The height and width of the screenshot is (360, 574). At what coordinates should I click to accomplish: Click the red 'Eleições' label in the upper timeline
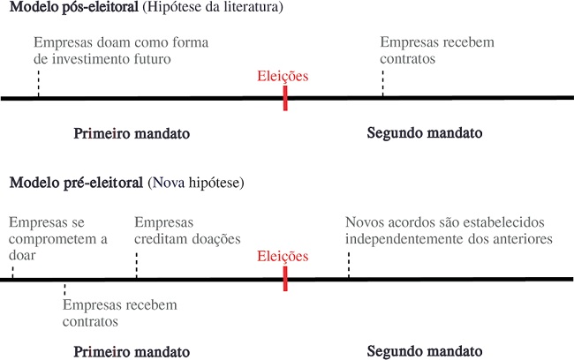coord(283,77)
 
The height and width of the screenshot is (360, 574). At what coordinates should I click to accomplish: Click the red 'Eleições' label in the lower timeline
coord(283,257)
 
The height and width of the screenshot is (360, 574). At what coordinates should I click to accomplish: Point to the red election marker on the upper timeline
coord(285,98)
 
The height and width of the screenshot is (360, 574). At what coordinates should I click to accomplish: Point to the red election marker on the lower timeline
coord(285,279)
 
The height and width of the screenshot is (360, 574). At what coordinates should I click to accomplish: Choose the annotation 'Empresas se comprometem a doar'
coord(57,238)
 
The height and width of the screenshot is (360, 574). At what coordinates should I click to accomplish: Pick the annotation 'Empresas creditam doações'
coord(187,230)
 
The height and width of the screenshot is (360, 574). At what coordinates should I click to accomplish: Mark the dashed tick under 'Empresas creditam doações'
coord(137,266)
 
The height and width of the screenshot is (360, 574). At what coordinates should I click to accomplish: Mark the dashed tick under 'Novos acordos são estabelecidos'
coord(349,265)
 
